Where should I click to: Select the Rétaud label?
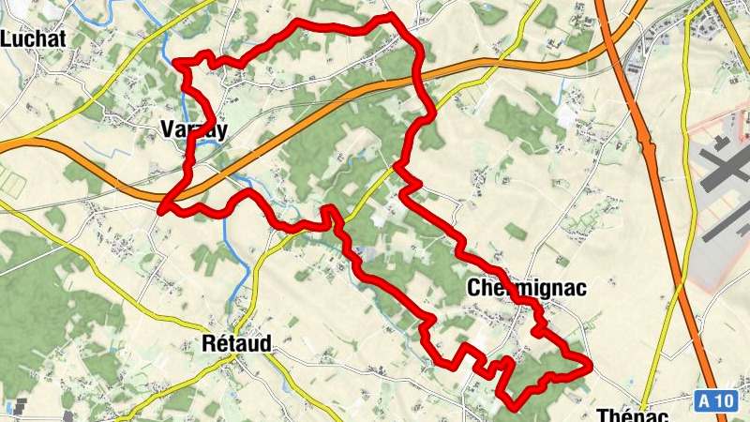pos(236,344)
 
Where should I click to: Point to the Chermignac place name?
pos(526,289)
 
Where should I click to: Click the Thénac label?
pos(632,415)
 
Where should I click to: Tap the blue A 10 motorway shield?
pos(716,401)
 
